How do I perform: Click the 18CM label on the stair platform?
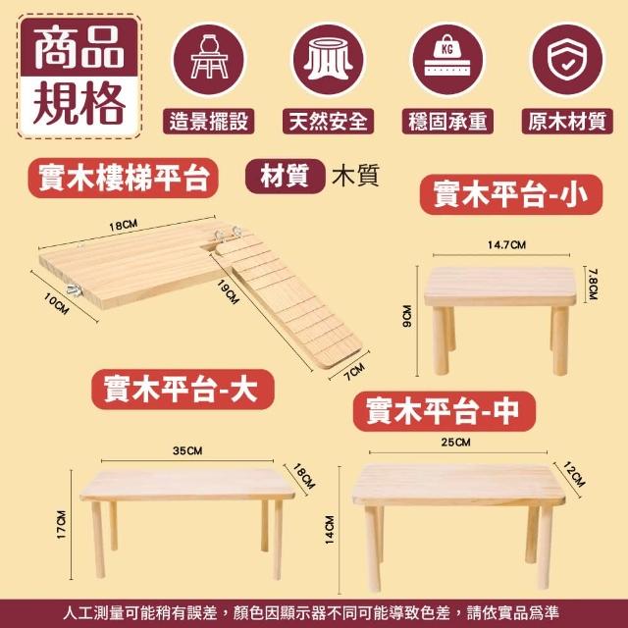(124, 226)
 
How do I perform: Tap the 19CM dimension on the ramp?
(228, 291)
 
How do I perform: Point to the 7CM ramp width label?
(354, 372)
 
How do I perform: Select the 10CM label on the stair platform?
(57, 303)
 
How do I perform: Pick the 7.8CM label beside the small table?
(593, 284)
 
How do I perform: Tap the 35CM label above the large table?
(187, 451)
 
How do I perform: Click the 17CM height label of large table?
(61, 525)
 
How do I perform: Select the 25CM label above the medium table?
(455, 443)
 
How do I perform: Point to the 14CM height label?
(330, 530)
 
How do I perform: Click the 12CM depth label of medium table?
(574, 474)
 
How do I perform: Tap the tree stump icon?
(328, 60)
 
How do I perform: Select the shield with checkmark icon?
(566, 60)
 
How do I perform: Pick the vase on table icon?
(209, 56)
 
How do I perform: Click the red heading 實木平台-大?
(183, 390)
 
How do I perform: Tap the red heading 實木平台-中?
(444, 411)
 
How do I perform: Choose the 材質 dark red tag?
(285, 177)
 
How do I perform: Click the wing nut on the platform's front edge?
(75, 290)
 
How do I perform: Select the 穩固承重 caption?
(447, 122)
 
